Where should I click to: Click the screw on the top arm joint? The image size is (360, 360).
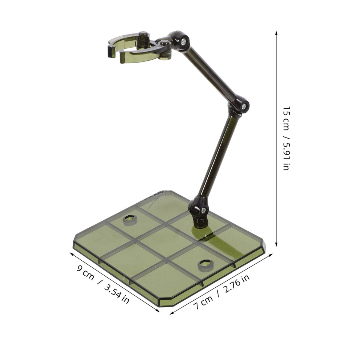pos(183,42)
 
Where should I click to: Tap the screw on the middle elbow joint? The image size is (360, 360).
pos(244,106)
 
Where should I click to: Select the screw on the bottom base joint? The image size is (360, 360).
pos(203,210)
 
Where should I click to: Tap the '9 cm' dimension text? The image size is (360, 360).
pos(85,272)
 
